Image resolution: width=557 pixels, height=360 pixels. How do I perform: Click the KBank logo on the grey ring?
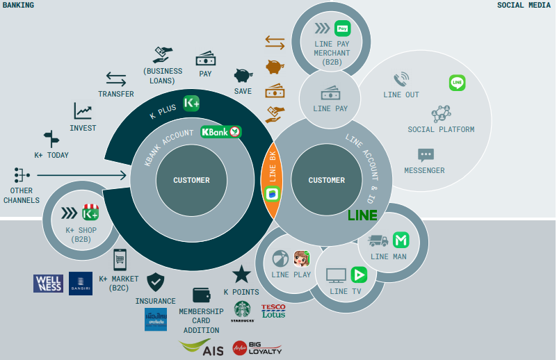click(220, 131)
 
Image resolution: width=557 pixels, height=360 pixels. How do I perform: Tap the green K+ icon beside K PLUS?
click(192, 104)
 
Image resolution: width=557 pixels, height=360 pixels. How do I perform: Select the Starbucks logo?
click(242, 310)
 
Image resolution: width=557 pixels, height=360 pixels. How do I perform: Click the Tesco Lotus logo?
click(273, 310)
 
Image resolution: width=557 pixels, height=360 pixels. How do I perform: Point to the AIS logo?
click(202, 347)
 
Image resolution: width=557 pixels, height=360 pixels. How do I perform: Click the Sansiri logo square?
click(81, 284)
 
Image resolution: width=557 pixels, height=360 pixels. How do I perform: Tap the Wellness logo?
click(48, 284)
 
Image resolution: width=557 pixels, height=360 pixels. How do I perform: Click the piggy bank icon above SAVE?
click(243, 75)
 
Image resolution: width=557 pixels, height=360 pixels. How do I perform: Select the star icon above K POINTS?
click(241, 274)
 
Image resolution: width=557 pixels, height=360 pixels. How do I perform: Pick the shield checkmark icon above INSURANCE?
click(155, 281)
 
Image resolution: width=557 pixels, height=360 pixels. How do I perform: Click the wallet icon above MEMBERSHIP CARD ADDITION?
click(202, 295)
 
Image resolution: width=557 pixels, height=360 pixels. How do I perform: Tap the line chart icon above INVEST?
click(83, 111)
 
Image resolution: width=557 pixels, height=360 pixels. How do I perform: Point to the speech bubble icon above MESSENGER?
click(426, 154)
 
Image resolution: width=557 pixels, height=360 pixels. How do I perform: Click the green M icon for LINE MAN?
click(401, 240)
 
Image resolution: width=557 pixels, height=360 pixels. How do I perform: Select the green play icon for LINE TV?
click(358, 274)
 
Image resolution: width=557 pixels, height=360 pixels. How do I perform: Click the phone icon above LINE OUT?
click(401, 79)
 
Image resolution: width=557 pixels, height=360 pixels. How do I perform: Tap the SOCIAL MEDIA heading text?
click(524, 5)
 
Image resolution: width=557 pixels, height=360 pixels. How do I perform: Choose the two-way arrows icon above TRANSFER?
click(116, 79)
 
